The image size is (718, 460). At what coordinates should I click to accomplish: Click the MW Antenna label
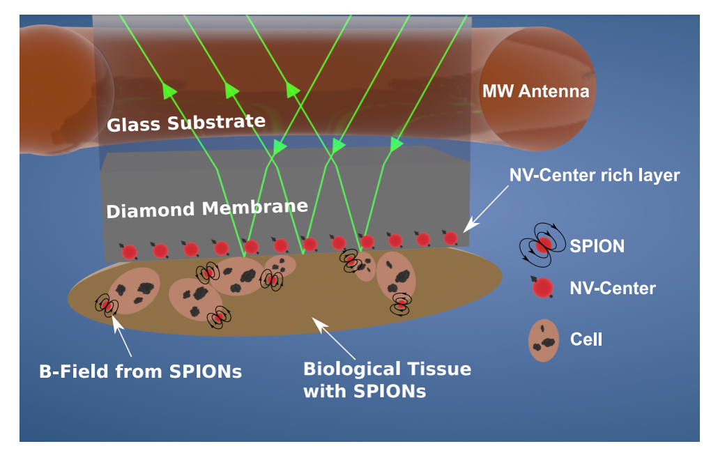pyautogui.click(x=535, y=91)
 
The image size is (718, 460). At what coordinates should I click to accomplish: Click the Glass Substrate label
pyautogui.click(x=186, y=123)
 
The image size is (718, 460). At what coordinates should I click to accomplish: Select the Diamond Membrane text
pyautogui.click(x=207, y=208)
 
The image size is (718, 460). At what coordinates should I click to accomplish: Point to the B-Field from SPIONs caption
pyautogui.click(x=140, y=371)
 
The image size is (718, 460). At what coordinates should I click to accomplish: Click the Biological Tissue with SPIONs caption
pyautogui.click(x=387, y=379)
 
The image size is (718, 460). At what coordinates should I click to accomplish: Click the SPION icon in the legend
pyautogui.click(x=542, y=245)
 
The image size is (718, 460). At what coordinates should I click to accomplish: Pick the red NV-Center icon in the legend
pyautogui.click(x=542, y=286)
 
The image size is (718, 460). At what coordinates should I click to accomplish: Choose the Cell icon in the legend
pyautogui.click(x=544, y=340)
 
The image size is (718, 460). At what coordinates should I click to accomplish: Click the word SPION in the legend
pyautogui.click(x=597, y=246)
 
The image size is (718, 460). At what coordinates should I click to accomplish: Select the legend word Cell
pyautogui.click(x=586, y=340)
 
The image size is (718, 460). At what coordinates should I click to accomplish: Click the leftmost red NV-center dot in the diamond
pyautogui.click(x=129, y=252)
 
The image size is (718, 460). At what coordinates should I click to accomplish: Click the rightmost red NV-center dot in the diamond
pyautogui.click(x=450, y=238)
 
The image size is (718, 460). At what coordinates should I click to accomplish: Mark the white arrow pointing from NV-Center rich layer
pyautogui.click(x=487, y=210)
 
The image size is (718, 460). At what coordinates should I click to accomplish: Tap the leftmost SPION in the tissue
pyautogui.click(x=106, y=305)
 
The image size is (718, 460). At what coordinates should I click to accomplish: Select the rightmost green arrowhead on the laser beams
pyautogui.click(x=397, y=144)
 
